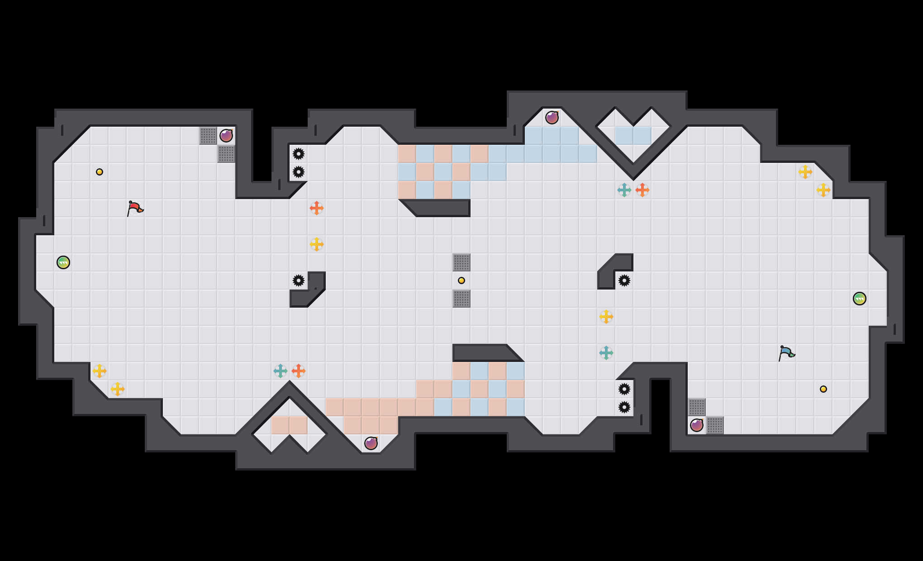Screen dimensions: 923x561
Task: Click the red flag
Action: pyautogui.click(x=134, y=208)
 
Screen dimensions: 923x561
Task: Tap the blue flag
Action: pyautogui.click(x=786, y=353)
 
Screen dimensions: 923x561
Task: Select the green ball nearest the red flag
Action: pyautogui.click(x=63, y=262)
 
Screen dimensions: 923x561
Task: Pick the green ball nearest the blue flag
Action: pyautogui.click(x=860, y=299)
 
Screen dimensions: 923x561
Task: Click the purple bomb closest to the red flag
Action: pyautogui.click(x=226, y=136)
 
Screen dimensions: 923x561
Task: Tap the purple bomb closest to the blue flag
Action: pyautogui.click(x=697, y=425)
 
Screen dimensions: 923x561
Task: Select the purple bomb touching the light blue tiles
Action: pyautogui.click(x=552, y=118)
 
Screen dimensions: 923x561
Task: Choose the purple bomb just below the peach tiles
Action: pyautogui.click(x=371, y=443)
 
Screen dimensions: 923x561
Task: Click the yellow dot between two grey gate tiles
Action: pyautogui.click(x=461, y=280)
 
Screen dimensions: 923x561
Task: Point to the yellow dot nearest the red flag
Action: pyautogui.click(x=100, y=172)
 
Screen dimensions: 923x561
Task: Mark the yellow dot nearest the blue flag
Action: pyautogui.click(x=823, y=389)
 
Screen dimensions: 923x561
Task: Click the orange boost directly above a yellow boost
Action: pyautogui.click(x=317, y=208)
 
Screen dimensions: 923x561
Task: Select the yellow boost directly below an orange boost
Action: pyautogui.click(x=317, y=244)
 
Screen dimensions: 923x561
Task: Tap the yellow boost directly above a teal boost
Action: pyautogui.click(x=606, y=317)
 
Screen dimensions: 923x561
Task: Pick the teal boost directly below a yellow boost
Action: pyautogui.click(x=606, y=353)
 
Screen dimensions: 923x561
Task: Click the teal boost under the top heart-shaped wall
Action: pyautogui.click(x=624, y=190)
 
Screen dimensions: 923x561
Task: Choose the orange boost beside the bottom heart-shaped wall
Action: pyautogui.click(x=299, y=371)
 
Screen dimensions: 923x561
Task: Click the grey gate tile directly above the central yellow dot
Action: pyautogui.click(x=461, y=262)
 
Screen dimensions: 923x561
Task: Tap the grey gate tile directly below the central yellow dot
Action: pyautogui.click(x=461, y=299)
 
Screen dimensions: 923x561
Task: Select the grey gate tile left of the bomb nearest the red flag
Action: pyautogui.click(x=208, y=136)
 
